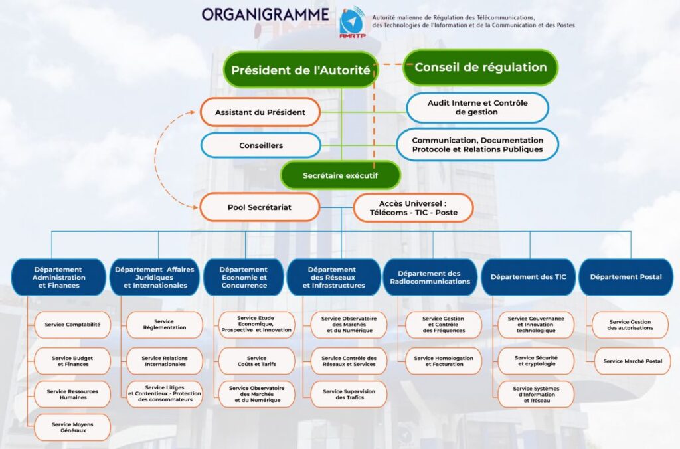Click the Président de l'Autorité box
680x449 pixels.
pyautogui.click(x=301, y=70)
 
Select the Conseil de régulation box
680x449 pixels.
pyautogui.click(x=480, y=67)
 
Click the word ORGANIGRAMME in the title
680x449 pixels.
pyautogui.click(x=266, y=14)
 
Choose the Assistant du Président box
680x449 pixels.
pyautogui.click(x=260, y=112)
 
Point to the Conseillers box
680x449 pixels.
pyautogui.click(x=260, y=145)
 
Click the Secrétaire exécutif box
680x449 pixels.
pyautogui.click(x=340, y=175)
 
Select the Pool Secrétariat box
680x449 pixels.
pyautogui.click(x=259, y=207)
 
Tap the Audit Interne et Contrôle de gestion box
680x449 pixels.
pyautogui.click(x=477, y=108)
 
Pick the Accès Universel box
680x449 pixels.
pyautogui.click(x=413, y=207)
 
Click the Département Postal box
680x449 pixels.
pyautogui.click(x=626, y=277)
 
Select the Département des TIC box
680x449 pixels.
pyautogui.click(x=528, y=277)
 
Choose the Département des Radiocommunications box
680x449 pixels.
pyautogui.click(x=429, y=277)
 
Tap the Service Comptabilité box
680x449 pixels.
pyautogui.click(x=72, y=325)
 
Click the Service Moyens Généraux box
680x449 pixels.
pyautogui.click(x=72, y=427)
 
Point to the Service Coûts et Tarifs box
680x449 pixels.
pyautogui.click(x=256, y=361)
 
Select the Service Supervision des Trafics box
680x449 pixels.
pyautogui.click(x=349, y=395)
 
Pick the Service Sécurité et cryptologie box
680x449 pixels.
pyautogui.click(x=536, y=361)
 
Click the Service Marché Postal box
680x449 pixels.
pyautogui.click(x=632, y=361)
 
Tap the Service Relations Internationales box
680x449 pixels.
pyautogui.click(x=165, y=361)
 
